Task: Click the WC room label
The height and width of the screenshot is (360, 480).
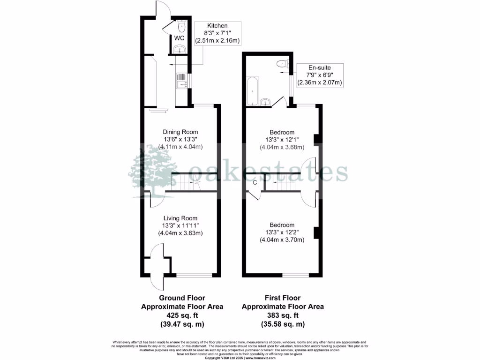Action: coord(179,38)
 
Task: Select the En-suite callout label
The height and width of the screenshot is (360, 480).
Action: coord(320,67)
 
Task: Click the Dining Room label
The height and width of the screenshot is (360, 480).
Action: coord(180,132)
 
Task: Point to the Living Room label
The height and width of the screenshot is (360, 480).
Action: coord(180,218)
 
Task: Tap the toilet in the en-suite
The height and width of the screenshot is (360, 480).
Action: coord(282,64)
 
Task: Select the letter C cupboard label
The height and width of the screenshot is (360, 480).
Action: coord(255,182)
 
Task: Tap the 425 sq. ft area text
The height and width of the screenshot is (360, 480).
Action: coord(182,315)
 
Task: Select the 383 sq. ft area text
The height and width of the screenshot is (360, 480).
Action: coord(283,315)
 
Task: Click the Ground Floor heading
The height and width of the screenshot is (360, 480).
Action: coord(182,298)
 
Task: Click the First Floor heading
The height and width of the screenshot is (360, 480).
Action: coord(283,298)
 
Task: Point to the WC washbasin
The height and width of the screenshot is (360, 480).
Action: coord(179,49)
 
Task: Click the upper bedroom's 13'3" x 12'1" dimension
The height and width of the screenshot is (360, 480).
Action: coord(282,140)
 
